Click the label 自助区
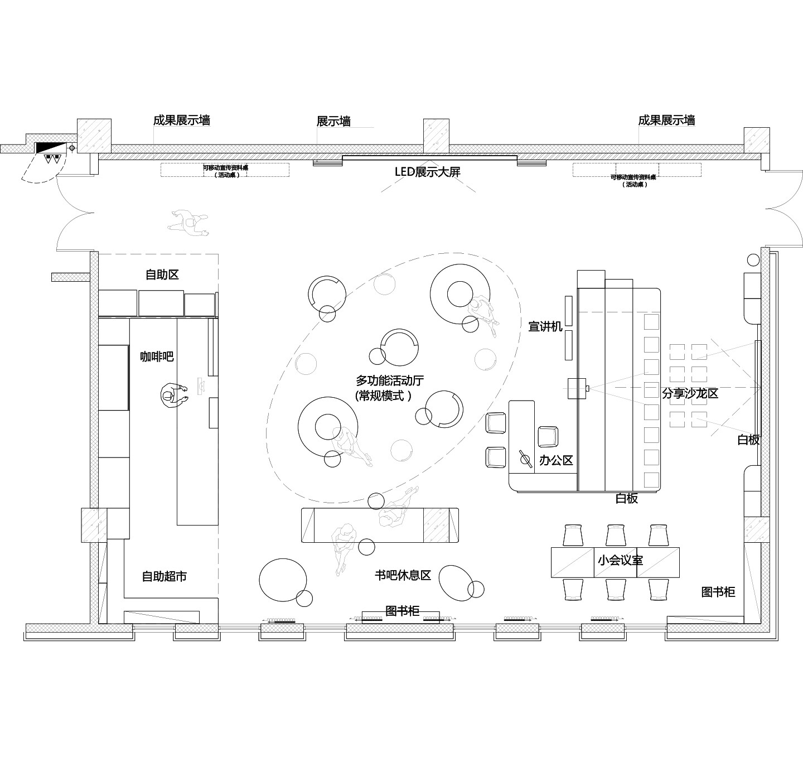coord(162,274)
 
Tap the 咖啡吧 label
coord(157,356)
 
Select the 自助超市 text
coord(164,576)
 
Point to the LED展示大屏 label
coord(428,172)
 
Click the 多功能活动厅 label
coord(390,381)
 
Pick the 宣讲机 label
coord(545,326)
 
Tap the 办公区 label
coord(556,460)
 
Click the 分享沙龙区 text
coord(690,393)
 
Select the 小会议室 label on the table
coord(620,560)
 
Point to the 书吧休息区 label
coord(403,575)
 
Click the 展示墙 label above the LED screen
coord(333,121)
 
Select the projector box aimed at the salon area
coord(577,388)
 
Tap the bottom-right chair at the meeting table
coord(659,590)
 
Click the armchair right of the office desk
coord(548,436)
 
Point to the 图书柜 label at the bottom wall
coord(402,611)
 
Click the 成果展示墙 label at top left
coord(182,120)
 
